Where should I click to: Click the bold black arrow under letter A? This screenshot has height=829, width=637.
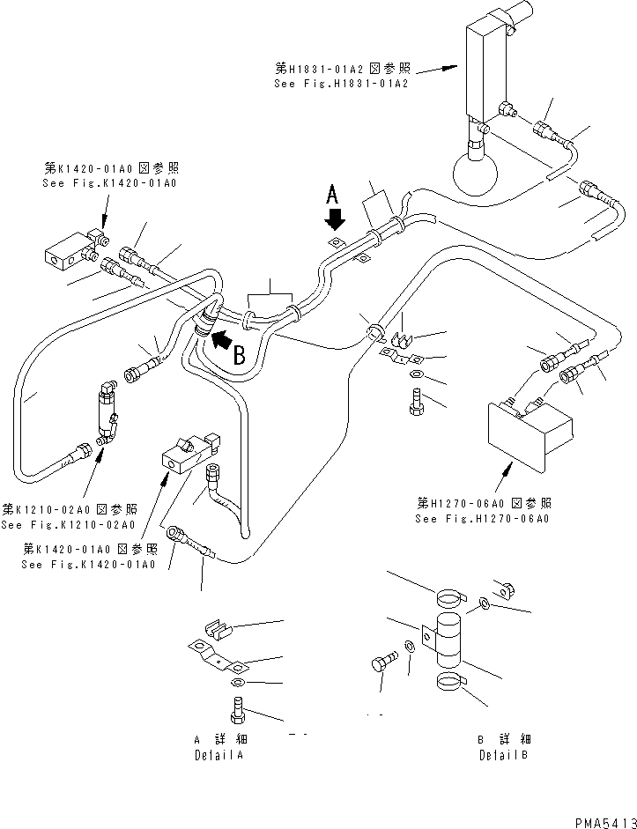coord(333,216)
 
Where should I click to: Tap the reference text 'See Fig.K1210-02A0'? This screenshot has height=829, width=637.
coord(68,525)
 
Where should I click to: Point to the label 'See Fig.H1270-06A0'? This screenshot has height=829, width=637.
coord(483,519)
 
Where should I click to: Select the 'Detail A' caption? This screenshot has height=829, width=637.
coord(219,755)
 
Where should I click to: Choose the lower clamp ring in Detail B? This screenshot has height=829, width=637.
coord(456,683)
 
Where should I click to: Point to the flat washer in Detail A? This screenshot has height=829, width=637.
coord(237,684)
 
